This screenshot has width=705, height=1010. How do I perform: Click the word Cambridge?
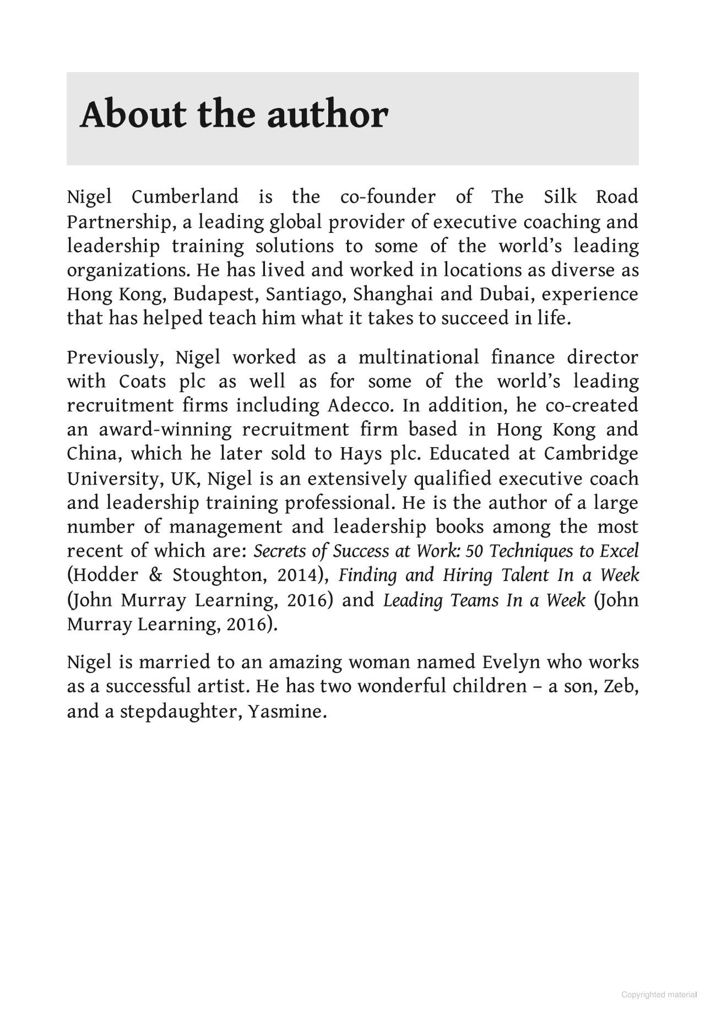(x=591, y=453)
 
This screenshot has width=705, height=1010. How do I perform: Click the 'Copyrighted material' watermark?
(x=659, y=995)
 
